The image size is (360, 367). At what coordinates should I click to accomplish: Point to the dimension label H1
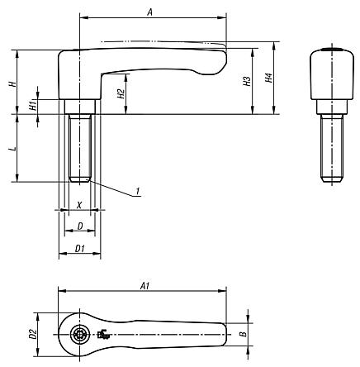coord(32,106)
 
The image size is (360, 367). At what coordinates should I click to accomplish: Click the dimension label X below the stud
coord(78,203)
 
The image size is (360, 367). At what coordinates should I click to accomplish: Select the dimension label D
coord(78,225)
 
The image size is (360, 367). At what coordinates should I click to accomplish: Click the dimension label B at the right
coord(241,335)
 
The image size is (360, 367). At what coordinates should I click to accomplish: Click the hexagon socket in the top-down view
coord(78,335)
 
